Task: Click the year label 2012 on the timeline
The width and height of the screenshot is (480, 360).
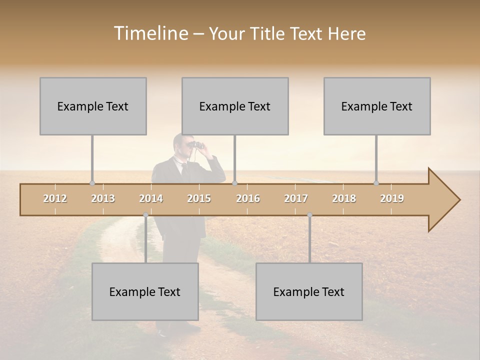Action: (x=55, y=198)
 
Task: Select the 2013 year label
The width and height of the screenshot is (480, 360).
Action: (x=103, y=198)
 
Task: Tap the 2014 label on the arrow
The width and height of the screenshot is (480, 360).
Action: (x=151, y=198)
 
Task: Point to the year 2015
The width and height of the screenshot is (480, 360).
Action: (x=199, y=198)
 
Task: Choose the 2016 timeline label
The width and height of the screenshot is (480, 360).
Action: (x=248, y=198)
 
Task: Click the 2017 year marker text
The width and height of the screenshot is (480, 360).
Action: (x=296, y=198)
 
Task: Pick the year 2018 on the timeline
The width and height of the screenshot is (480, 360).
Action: (x=344, y=198)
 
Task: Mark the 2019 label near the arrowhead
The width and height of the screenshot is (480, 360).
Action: (x=392, y=198)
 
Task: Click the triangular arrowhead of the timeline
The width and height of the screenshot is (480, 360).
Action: (x=443, y=200)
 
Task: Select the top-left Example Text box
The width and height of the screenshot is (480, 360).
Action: (x=93, y=106)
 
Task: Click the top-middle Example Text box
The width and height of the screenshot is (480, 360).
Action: (x=235, y=106)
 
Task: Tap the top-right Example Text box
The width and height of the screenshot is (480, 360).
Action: (x=377, y=106)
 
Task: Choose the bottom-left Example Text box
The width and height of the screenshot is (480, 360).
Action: (x=145, y=291)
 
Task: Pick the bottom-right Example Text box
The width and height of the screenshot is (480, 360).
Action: (x=309, y=291)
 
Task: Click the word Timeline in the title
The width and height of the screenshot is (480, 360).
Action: (x=150, y=33)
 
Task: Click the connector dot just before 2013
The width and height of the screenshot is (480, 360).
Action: (x=92, y=183)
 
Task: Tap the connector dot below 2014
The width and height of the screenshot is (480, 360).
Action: (x=145, y=215)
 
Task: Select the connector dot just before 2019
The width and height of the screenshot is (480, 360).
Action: (x=376, y=183)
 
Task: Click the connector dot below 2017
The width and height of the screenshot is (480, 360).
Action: (x=309, y=215)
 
